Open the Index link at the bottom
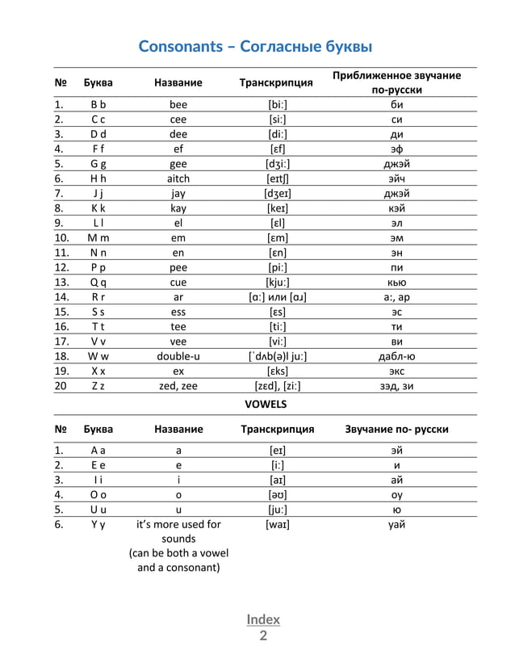tap(263, 619)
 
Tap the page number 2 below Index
tap(263, 636)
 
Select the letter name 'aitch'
tap(178, 178)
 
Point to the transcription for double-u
tap(277, 356)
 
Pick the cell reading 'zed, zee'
tap(178, 386)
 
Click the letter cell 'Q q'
tap(98, 282)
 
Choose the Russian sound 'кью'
tap(396, 282)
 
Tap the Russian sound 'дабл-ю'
tap(396, 356)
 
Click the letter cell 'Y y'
tap(98, 524)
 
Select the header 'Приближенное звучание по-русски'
tap(396, 82)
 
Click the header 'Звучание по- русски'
tap(396, 429)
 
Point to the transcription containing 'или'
tap(277, 297)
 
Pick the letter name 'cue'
tap(178, 282)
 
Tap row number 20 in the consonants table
tap(61, 386)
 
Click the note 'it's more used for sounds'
tap(178, 531)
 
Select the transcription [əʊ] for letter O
tap(277, 494)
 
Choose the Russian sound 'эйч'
tap(396, 178)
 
